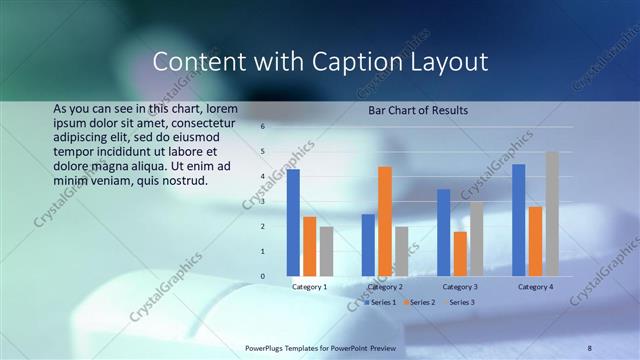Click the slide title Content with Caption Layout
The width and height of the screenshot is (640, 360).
click(320, 62)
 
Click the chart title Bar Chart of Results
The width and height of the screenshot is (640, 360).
click(418, 110)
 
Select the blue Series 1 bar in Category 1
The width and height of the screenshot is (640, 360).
click(293, 222)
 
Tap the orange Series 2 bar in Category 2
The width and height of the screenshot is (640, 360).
click(385, 221)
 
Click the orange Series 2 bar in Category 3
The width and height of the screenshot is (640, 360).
click(460, 253)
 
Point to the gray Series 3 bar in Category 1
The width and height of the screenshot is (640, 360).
click(326, 251)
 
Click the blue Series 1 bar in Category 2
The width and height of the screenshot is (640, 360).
click(368, 245)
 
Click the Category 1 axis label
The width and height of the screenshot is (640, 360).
click(309, 287)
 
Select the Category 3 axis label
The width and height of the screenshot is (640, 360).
click(460, 287)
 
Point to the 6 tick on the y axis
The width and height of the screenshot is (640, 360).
click(262, 127)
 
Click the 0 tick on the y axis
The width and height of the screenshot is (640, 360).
click(262, 276)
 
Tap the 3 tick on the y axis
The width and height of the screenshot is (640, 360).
click(262, 202)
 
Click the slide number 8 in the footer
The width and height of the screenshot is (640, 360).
click(589, 347)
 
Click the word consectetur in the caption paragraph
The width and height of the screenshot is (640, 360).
click(196, 121)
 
